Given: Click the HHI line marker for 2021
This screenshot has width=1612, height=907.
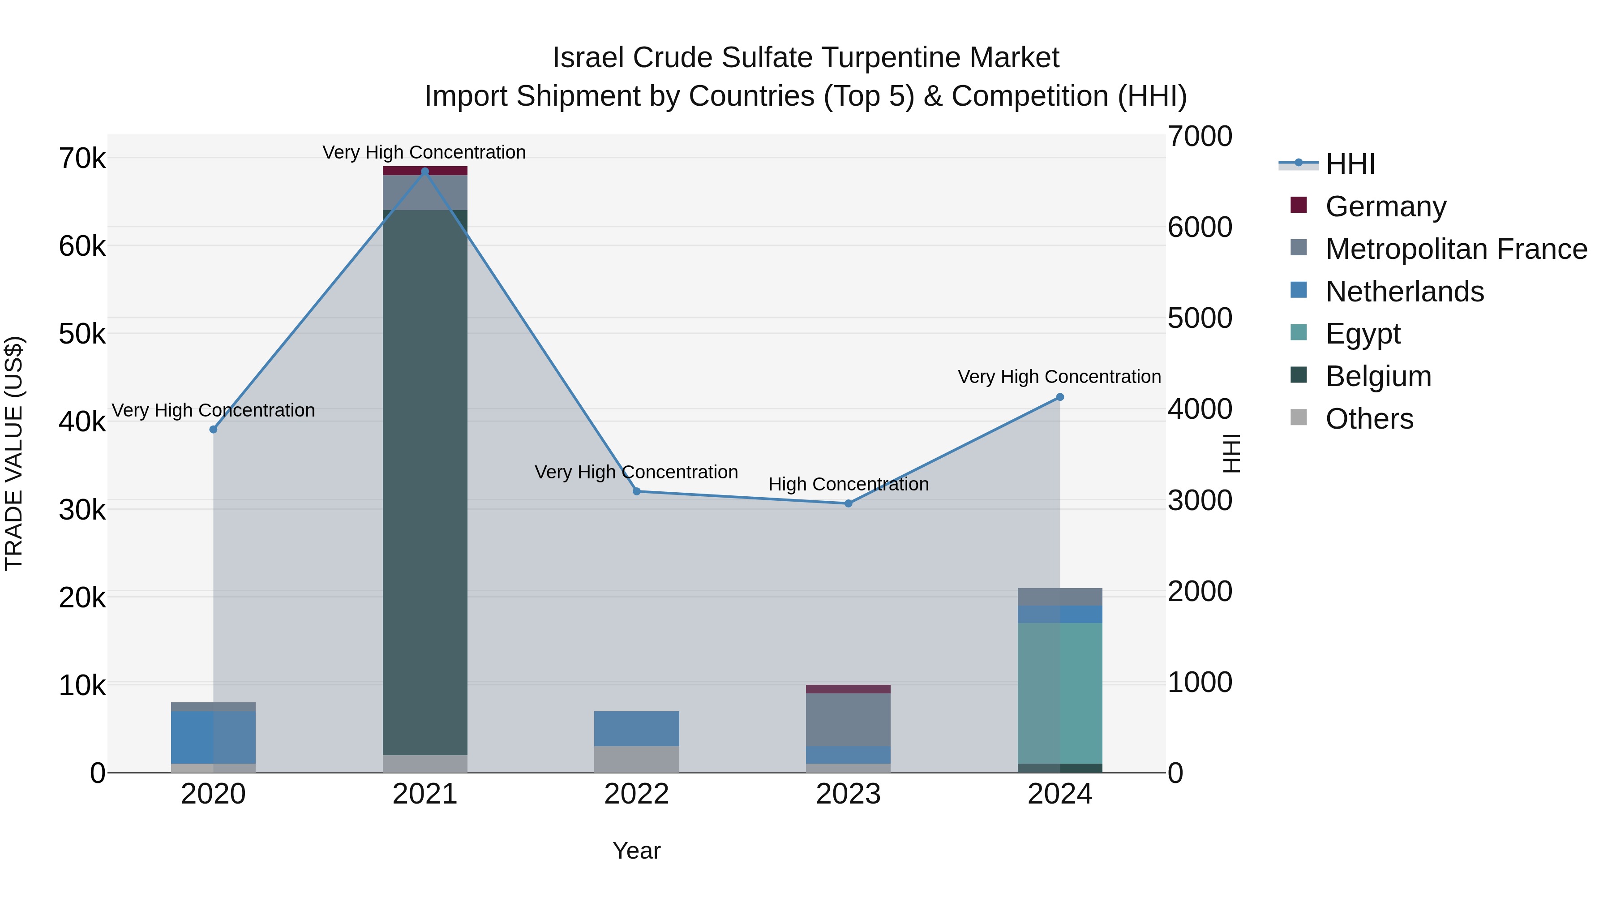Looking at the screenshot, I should pyautogui.click(x=425, y=172).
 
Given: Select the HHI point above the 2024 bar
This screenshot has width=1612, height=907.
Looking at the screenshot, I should pyautogui.click(x=1060, y=397).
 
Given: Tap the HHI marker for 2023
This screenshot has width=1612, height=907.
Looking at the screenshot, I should pyautogui.click(x=849, y=503).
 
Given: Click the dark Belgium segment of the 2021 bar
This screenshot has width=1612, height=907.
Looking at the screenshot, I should pyautogui.click(x=425, y=482).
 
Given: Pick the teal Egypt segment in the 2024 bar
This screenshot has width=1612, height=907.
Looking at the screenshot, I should pyautogui.click(x=1060, y=693).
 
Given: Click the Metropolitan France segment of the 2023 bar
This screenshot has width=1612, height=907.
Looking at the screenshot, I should pyautogui.click(x=849, y=719).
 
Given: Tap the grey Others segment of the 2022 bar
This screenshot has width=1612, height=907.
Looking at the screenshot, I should pyautogui.click(x=636, y=759).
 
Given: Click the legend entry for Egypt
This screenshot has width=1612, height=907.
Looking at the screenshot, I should pyautogui.click(x=1363, y=334).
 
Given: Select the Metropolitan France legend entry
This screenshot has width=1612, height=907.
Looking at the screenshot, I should pyautogui.click(x=1456, y=249).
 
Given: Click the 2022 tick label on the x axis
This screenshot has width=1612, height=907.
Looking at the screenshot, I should pyautogui.click(x=636, y=794).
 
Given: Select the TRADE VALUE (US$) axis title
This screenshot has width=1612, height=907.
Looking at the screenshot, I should pyautogui.click(x=14, y=453).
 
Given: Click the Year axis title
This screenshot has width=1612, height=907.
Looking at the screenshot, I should pyautogui.click(x=636, y=851).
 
